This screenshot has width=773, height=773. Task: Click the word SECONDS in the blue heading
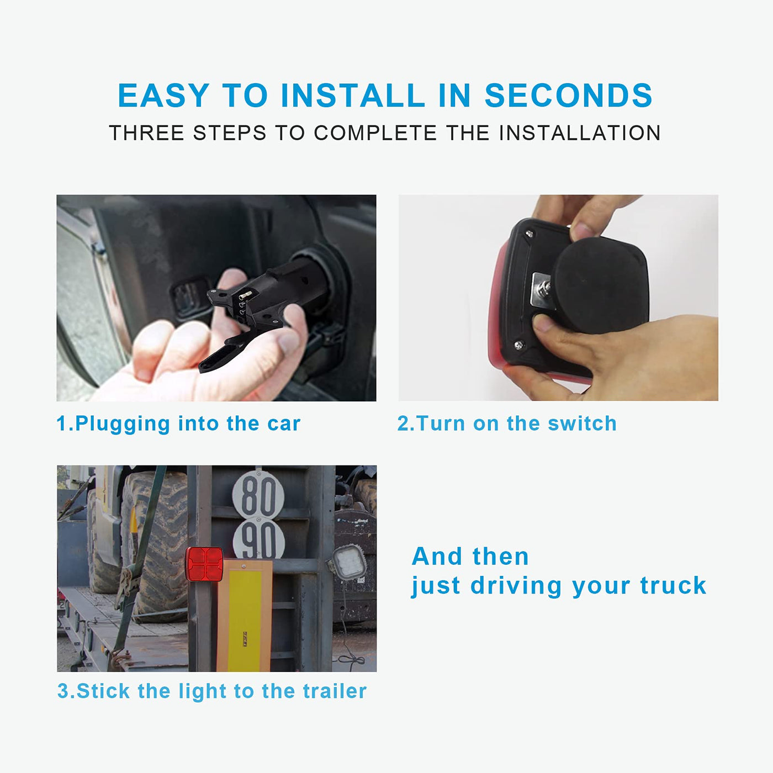click(x=568, y=96)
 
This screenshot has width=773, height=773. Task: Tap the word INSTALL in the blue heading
click(x=353, y=96)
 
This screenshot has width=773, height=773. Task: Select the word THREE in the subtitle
click(x=146, y=133)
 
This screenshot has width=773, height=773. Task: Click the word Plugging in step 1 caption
click(x=123, y=424)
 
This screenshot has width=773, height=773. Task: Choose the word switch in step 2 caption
click(x=582, y=423)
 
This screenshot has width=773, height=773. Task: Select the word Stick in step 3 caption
click(x=103, y=691)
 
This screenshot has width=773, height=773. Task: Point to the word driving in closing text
click(x=516, y=586)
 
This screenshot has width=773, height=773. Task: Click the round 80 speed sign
click(x=258, y=494)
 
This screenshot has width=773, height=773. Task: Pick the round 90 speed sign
click(x=258, y=539)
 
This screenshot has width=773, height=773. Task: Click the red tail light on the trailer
click(x=204, y=564)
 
